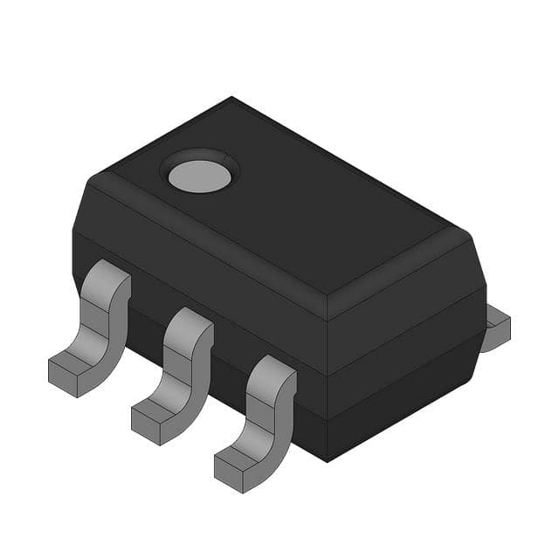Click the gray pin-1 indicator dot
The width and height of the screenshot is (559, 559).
200,176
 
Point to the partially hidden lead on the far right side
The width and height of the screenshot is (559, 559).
496,328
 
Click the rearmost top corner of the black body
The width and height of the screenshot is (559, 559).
231,98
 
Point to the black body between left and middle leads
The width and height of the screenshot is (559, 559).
144,328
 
